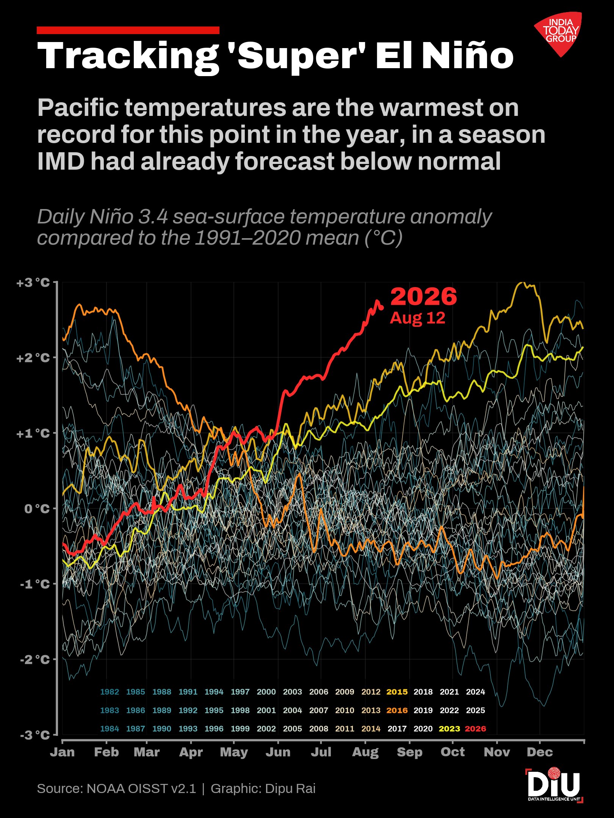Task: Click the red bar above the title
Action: pyautogui.click(x=128, y=30)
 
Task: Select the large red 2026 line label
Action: pyautogui.click(x=424, y=296)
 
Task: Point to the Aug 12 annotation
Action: pyautogui.click(x=417, y=318)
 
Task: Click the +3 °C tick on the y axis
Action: pyautogui.click(x=33, y=283)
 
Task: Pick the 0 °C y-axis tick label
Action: pyautogui.click(x=37, y=508)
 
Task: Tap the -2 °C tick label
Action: pyautogui.click(x=35, y=659)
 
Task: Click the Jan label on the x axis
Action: pyautogui.click(x=62, y=752)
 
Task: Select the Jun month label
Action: pyautogui.click(x=278, y=752)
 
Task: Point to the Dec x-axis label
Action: pyautogui.click(x=540, y=752)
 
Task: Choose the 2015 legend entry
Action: pyautogui.click(x=397, y=692)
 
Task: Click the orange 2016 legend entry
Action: pyautogui.click(x=397, y=710)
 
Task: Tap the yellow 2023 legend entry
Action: pyautogui.click(x=449, y=729)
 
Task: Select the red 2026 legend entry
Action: pyautogui.click(x=475, y=729)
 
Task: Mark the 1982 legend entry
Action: pyautogui.click(x=110, y=692)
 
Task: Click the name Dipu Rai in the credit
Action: pyautogui.click(x=290, y=788)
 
